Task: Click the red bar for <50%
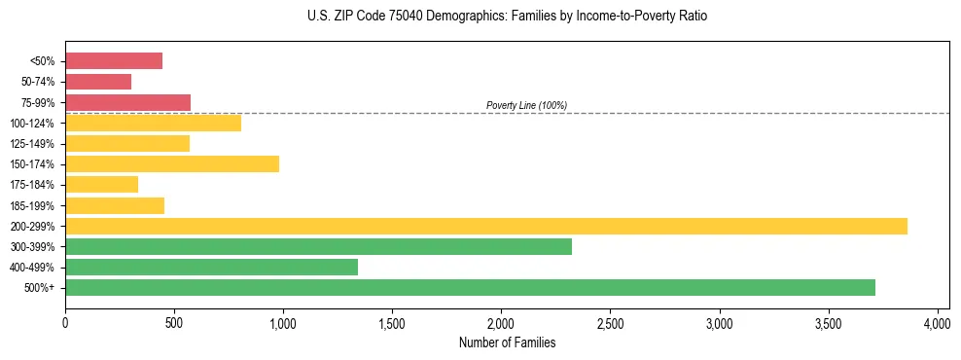[x=114, y=61]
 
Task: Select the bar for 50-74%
[x=98, y=82]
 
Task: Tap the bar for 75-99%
[x=127, y=102]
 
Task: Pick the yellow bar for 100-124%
[x=153, y=123]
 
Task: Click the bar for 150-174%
[x=172, y=163]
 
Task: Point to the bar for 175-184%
[x=101, y=184]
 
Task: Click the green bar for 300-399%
[x=318, y=246]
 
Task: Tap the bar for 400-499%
[x=211, y=267]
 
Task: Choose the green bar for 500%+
[x=470, y=287]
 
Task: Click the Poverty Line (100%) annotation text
[x=526, y=105]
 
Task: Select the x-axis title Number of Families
[x=507, y=342]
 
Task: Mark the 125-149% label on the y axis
[x=32, y=144]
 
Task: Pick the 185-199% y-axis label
[x=32, y=205]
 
